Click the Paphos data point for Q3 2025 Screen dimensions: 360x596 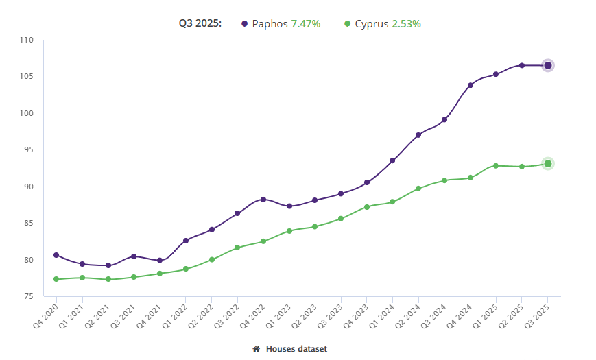coord(548,65)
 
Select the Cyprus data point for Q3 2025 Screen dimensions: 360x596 coord(548,163)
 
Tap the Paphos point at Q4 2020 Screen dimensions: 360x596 coord(56,255)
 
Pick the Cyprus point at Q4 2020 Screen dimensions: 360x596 coord(56,279)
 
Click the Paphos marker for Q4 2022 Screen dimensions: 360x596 coord(263,199)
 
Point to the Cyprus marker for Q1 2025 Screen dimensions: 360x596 coord(496,165)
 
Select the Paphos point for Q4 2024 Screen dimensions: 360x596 coord(470,85)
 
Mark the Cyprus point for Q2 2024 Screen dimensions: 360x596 coord(418,188)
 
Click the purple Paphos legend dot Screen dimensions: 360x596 coord(244,24)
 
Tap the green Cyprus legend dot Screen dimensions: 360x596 coord(347,24)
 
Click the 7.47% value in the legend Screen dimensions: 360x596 coord(306,24)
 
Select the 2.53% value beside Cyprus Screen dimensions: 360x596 coord(406,24)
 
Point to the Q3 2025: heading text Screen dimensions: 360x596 coord(200,24)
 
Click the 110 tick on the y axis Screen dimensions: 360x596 coord(27,40)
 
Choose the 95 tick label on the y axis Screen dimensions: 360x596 coord(28,149)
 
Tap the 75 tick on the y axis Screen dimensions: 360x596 coord(28,296)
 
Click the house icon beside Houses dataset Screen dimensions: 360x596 coord(257,349)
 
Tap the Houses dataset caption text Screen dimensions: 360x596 coord(296,349)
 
